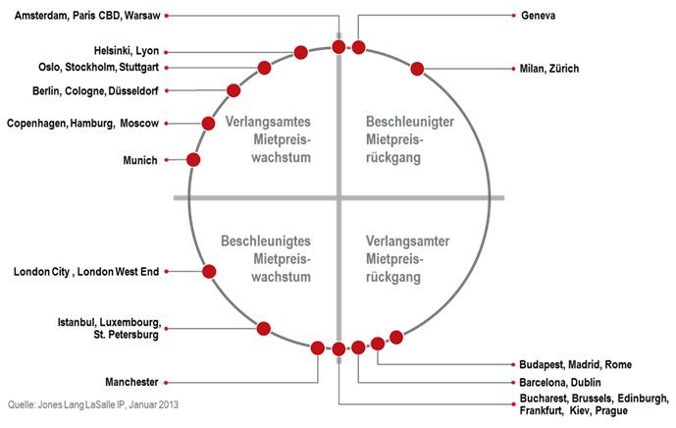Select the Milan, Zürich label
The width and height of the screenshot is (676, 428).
tap(550, 69)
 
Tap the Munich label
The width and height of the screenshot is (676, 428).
tap(140, 160)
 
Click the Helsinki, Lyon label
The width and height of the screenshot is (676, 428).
tap(127, 51)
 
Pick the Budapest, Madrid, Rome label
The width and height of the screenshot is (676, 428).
tap(575, 364)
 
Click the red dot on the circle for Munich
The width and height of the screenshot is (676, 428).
tap(193, 159)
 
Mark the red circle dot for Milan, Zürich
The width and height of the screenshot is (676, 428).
tap(417, 69)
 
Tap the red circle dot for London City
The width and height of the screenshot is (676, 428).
tap(209, 271)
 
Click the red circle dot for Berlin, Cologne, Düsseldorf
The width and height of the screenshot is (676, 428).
tap(234, 90)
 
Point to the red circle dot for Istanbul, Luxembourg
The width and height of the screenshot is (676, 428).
tap(264, 328)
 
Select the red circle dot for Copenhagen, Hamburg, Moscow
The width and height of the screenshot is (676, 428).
tap(208, 123)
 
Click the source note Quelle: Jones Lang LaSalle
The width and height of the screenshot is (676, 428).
tap(93, 404)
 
